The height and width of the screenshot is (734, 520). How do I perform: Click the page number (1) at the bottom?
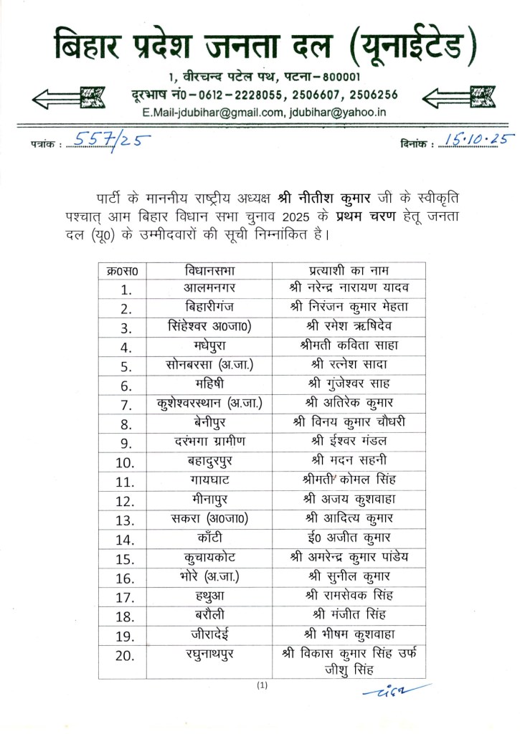[262, 686]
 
